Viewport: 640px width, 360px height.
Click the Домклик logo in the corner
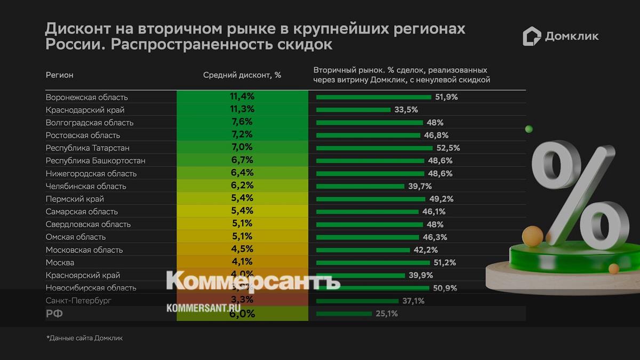(560, 36)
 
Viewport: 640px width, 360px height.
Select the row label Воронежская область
(87, 97)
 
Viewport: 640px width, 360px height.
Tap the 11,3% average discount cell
(242, 109)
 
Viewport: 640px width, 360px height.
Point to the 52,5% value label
(448, 148)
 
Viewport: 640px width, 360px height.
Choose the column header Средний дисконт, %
(242, 75)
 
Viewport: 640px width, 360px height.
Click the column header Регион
(59, 75)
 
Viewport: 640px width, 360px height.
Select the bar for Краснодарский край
(353, 110)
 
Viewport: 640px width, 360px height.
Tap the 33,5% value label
(406, 110)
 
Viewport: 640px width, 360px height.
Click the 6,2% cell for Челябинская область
(242, 186)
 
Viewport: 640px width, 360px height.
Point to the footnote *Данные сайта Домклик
(84, 338)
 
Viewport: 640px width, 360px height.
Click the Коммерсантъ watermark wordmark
(253, 281)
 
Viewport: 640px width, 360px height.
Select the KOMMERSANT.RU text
(204, 308)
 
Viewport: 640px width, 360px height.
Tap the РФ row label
(54, 314)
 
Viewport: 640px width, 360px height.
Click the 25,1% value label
(387, 314)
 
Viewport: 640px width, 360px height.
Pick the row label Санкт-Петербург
(78, 300)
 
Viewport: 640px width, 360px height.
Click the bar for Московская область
(363, 250)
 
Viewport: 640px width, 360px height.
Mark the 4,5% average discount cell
(242, 249)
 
